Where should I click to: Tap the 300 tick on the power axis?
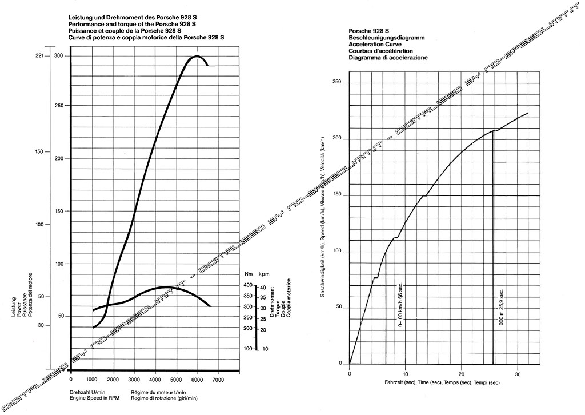[x=58, y=56]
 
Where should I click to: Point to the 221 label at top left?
[x=39, y=56]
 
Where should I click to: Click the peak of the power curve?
[x=197, y=56]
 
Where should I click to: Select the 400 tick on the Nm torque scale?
[x=248, y=285]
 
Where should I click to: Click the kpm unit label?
[x=263, y=274]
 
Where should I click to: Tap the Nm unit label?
[x=248, y=274]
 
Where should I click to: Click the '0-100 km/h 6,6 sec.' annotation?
[x=400, y=303]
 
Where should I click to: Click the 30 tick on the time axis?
[x=517, y=374]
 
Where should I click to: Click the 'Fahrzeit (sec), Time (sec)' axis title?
[x=410, y=382]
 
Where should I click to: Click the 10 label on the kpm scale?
[x=265, y=349]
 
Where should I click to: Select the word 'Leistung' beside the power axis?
[x=12, y=308]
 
